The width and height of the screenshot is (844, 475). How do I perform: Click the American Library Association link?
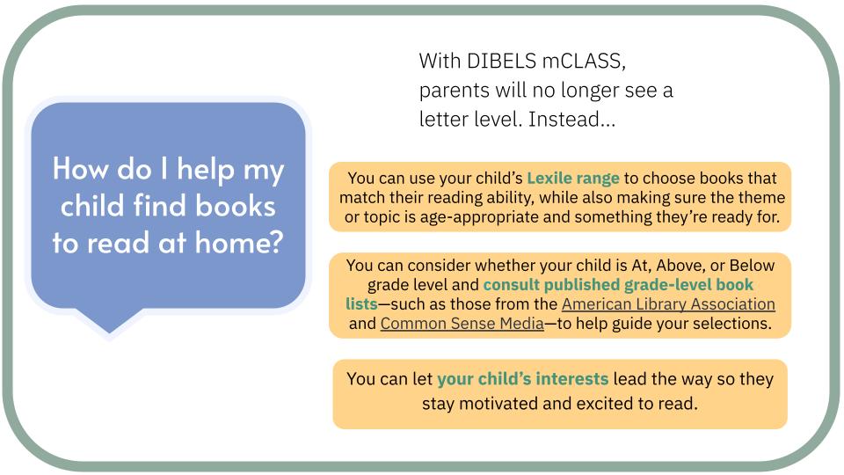(x=668, y=304)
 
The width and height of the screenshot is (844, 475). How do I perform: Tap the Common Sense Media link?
(x=462, y=324)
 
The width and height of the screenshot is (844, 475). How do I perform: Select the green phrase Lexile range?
(x=572, y=179)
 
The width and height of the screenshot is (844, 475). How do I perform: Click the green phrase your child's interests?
(x=522, y=379)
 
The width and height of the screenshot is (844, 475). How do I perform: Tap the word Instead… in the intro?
(x=571, y=119)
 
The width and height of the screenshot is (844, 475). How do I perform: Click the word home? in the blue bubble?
(x=239, y=243)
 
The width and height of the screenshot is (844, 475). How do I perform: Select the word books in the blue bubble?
(x=236, y=206)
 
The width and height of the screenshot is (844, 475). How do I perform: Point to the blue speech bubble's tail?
(x=109, y=321)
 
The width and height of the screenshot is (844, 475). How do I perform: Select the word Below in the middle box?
(x=752, y=266)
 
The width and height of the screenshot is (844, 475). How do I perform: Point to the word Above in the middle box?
(x=680, y=266)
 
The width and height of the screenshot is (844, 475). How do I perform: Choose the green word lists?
(x=361, y=304)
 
